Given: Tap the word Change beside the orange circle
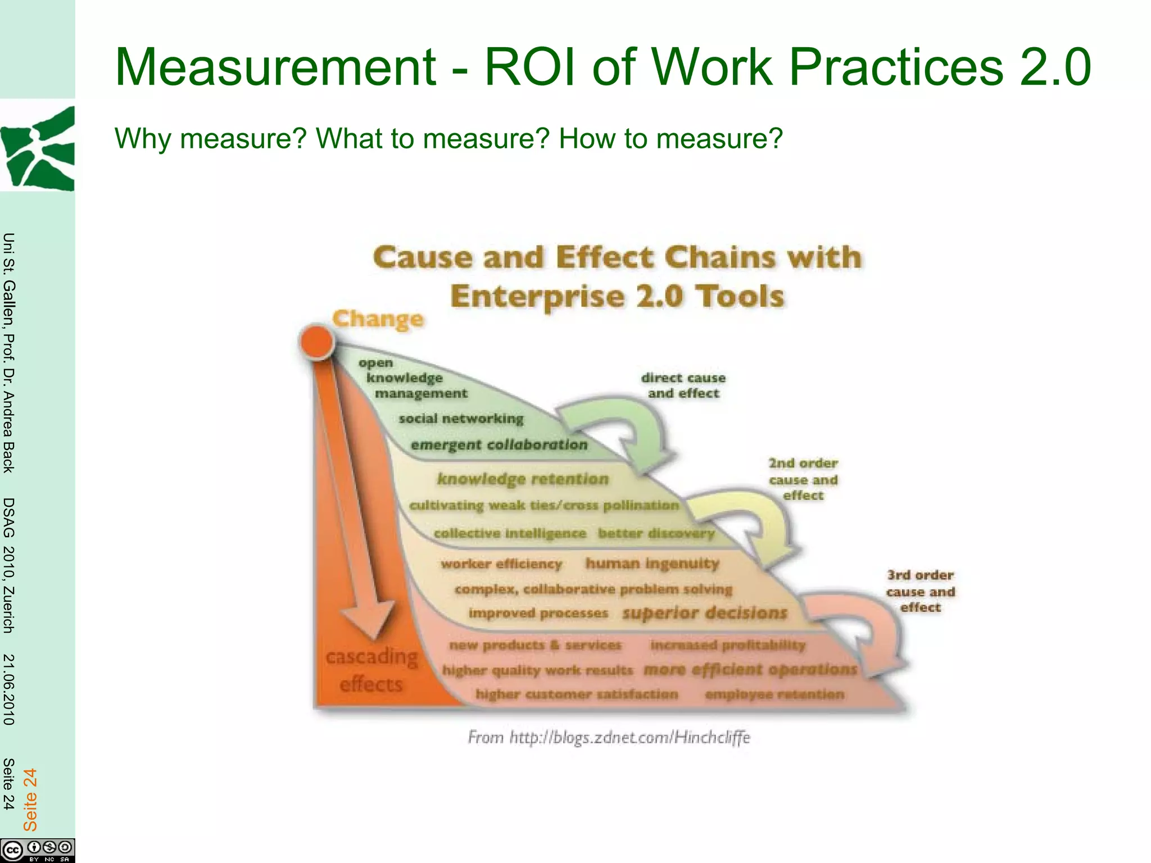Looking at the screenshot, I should (x=378, y=319).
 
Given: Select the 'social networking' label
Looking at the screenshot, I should (x=461, y=419).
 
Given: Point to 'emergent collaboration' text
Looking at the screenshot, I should (x=499, y=445).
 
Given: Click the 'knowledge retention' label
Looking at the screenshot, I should (x=523, y=479).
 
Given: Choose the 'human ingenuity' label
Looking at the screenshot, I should (x=652, y=563).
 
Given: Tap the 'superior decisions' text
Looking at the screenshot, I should (x=705, y=613).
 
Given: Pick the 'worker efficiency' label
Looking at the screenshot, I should (x=501, y=564).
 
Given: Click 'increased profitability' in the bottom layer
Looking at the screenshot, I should (x=728, y=645).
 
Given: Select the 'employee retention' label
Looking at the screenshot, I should (x=774, y=694).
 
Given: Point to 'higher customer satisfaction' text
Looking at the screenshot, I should (x=577, y=694).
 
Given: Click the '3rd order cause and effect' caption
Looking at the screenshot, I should (x=921, y=591).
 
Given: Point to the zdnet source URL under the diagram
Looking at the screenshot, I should (x=609, y=737).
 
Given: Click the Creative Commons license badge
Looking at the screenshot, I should (x=37, y=850).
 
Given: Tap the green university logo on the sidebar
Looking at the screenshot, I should (x=38, y=149).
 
